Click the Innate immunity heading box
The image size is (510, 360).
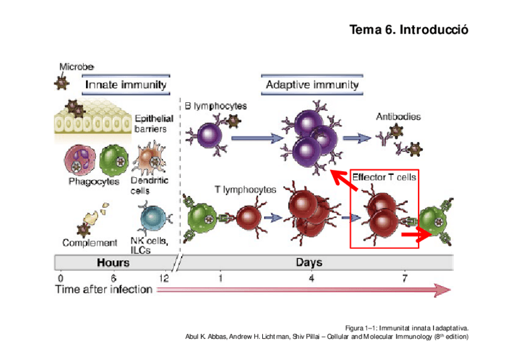point(126,85)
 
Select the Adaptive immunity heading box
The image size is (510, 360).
point(312,85)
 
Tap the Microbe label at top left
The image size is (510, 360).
point(76,67)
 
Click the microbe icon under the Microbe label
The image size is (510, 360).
point(61,83)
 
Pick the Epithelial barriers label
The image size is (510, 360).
point(154,124)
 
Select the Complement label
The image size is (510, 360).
point(90,243)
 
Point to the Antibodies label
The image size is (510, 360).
point(398,117)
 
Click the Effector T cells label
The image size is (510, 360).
point(384,177)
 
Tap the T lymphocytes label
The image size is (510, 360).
point(245,190)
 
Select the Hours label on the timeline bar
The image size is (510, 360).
point(113,263)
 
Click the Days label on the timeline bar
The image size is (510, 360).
point(309,263)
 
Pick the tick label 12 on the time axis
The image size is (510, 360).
point(163,278)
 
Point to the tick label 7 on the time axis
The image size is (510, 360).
point(405,278)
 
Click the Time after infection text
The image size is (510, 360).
point(103,290)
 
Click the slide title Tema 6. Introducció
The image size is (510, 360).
point(408,29)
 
